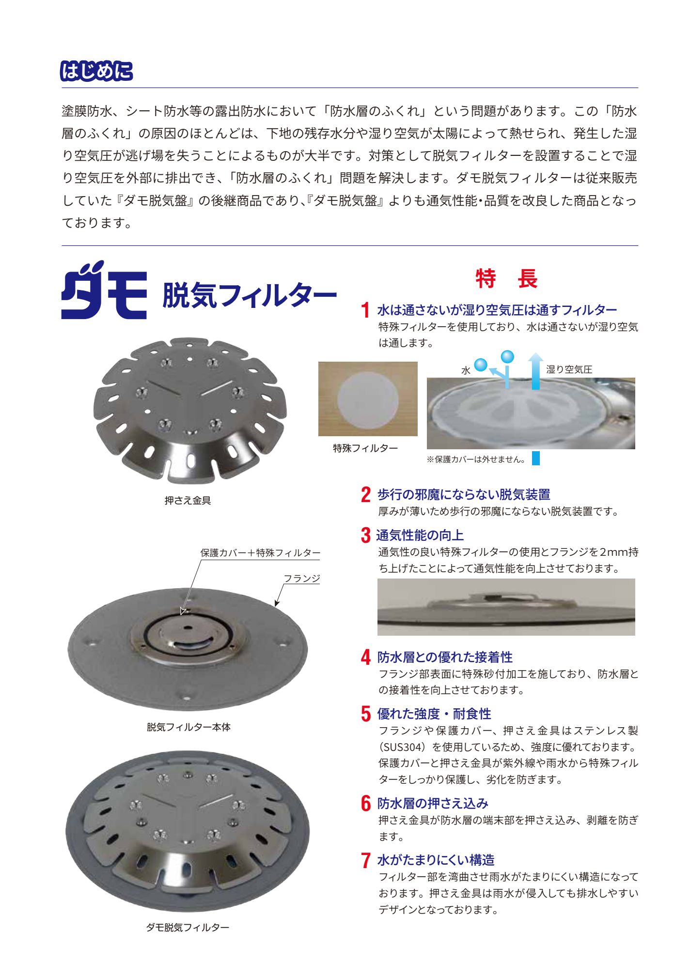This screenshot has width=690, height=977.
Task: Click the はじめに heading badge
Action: tap(96, 71)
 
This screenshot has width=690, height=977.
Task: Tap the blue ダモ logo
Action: tap(104, 290)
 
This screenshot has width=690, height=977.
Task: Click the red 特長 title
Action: tap(506, 278)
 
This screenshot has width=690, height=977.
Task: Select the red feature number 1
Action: tap(365, 310)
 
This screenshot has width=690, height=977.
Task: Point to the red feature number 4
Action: tap(366, 657)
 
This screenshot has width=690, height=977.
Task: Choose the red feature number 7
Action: tap(366, 860)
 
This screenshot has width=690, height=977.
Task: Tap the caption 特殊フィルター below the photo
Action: tap(365, 448)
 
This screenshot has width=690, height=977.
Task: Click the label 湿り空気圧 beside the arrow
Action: tap(569, 369)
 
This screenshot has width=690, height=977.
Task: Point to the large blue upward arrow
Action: tap(535, 371)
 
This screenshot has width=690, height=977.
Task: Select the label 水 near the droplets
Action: tap(466, 371)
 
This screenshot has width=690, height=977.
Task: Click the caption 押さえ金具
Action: tap(188, 501)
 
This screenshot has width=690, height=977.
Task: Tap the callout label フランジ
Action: tap(302, 578)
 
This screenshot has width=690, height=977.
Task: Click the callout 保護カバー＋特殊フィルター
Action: tap(261, 553)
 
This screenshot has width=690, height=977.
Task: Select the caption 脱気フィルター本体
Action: tap(188, 727)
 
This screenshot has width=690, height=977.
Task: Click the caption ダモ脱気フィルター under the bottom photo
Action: tap(188, 927)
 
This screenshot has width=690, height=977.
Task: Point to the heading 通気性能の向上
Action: tap(420, 535)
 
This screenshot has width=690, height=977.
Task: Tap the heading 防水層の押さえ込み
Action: tap(433, 803)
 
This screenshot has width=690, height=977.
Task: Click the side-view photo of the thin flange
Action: tap(506, 607)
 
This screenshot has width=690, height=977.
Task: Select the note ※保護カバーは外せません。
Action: tap(476, 459)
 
